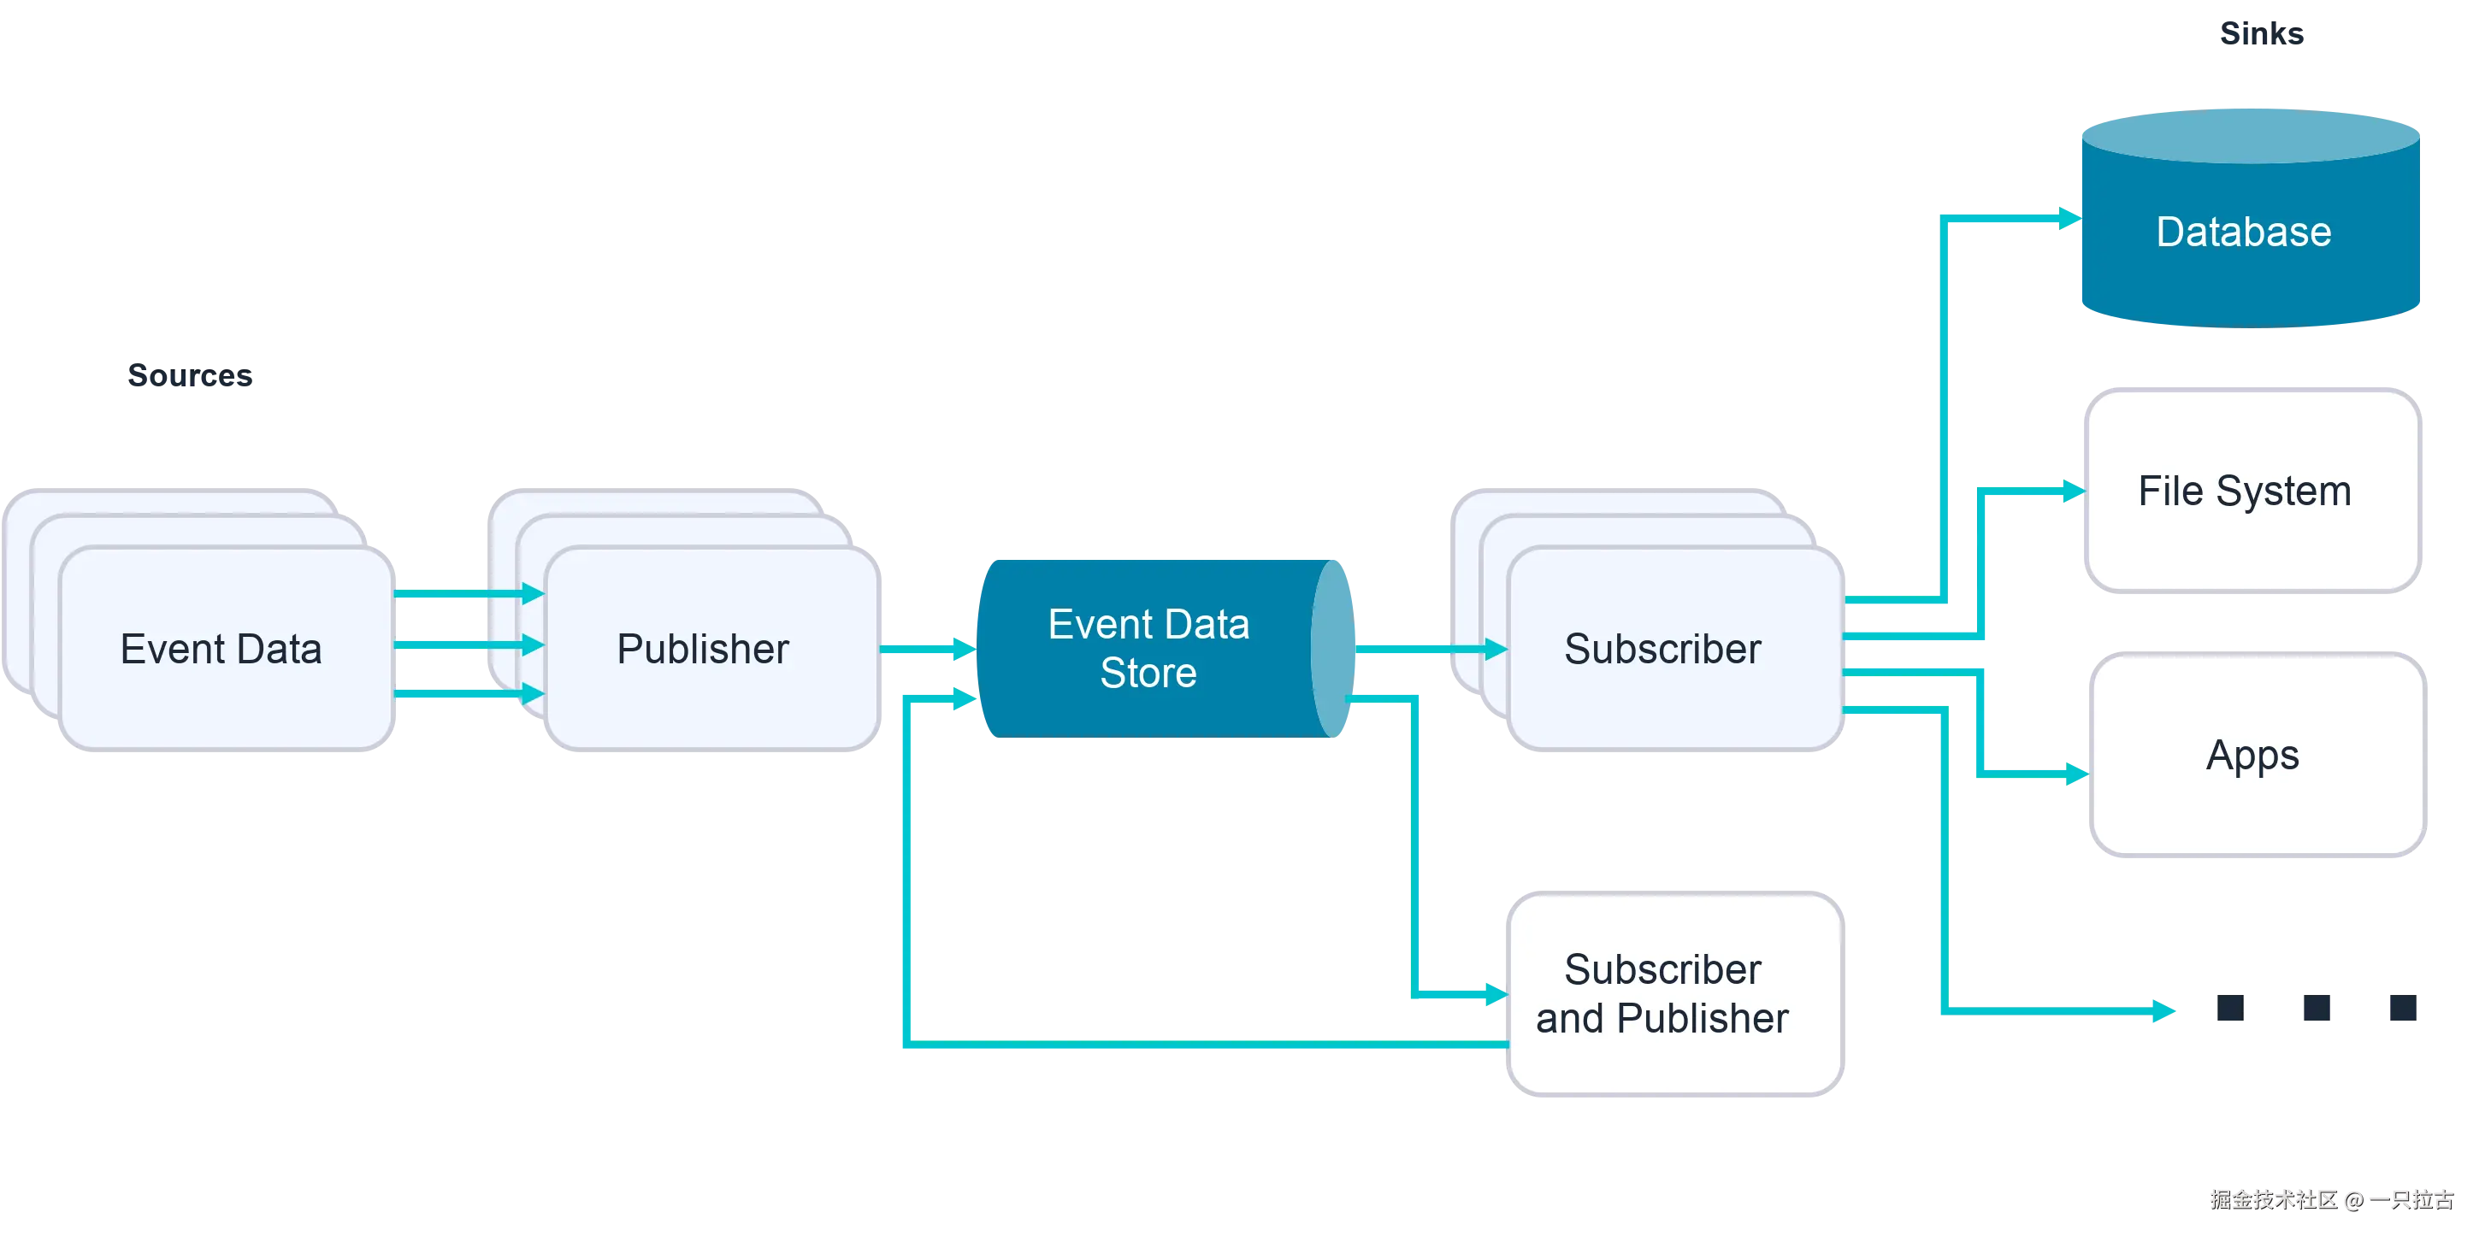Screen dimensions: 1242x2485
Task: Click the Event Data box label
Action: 221,649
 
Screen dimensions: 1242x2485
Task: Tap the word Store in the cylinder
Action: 1148,673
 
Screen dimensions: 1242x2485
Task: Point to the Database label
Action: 2243,233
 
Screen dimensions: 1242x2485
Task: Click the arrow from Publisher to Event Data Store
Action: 926,649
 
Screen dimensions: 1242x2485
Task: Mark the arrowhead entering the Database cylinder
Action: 2069,219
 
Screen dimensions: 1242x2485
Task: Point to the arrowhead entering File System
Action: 2070,491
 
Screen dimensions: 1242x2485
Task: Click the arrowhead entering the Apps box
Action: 2076,774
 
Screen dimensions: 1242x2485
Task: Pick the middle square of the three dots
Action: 2315,1009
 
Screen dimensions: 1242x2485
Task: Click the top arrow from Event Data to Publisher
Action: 467,593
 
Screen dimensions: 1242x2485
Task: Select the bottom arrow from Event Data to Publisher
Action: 467,693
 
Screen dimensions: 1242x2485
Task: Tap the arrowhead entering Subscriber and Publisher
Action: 1494,992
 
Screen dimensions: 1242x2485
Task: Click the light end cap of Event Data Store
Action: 1332,648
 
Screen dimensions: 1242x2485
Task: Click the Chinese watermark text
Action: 2331,1198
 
